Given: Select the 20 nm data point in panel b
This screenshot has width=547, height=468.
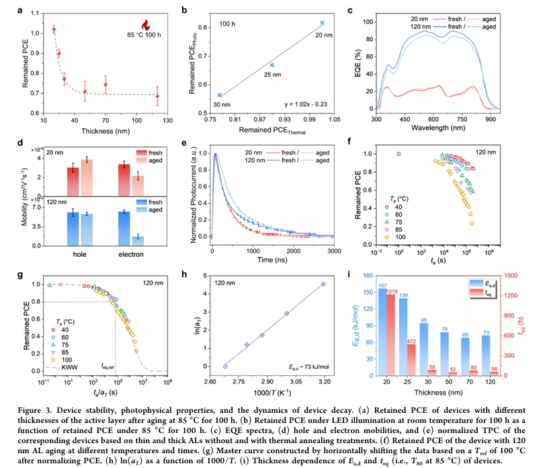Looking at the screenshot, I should [322, 23].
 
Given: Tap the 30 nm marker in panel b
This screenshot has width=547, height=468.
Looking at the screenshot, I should [220, 95].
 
